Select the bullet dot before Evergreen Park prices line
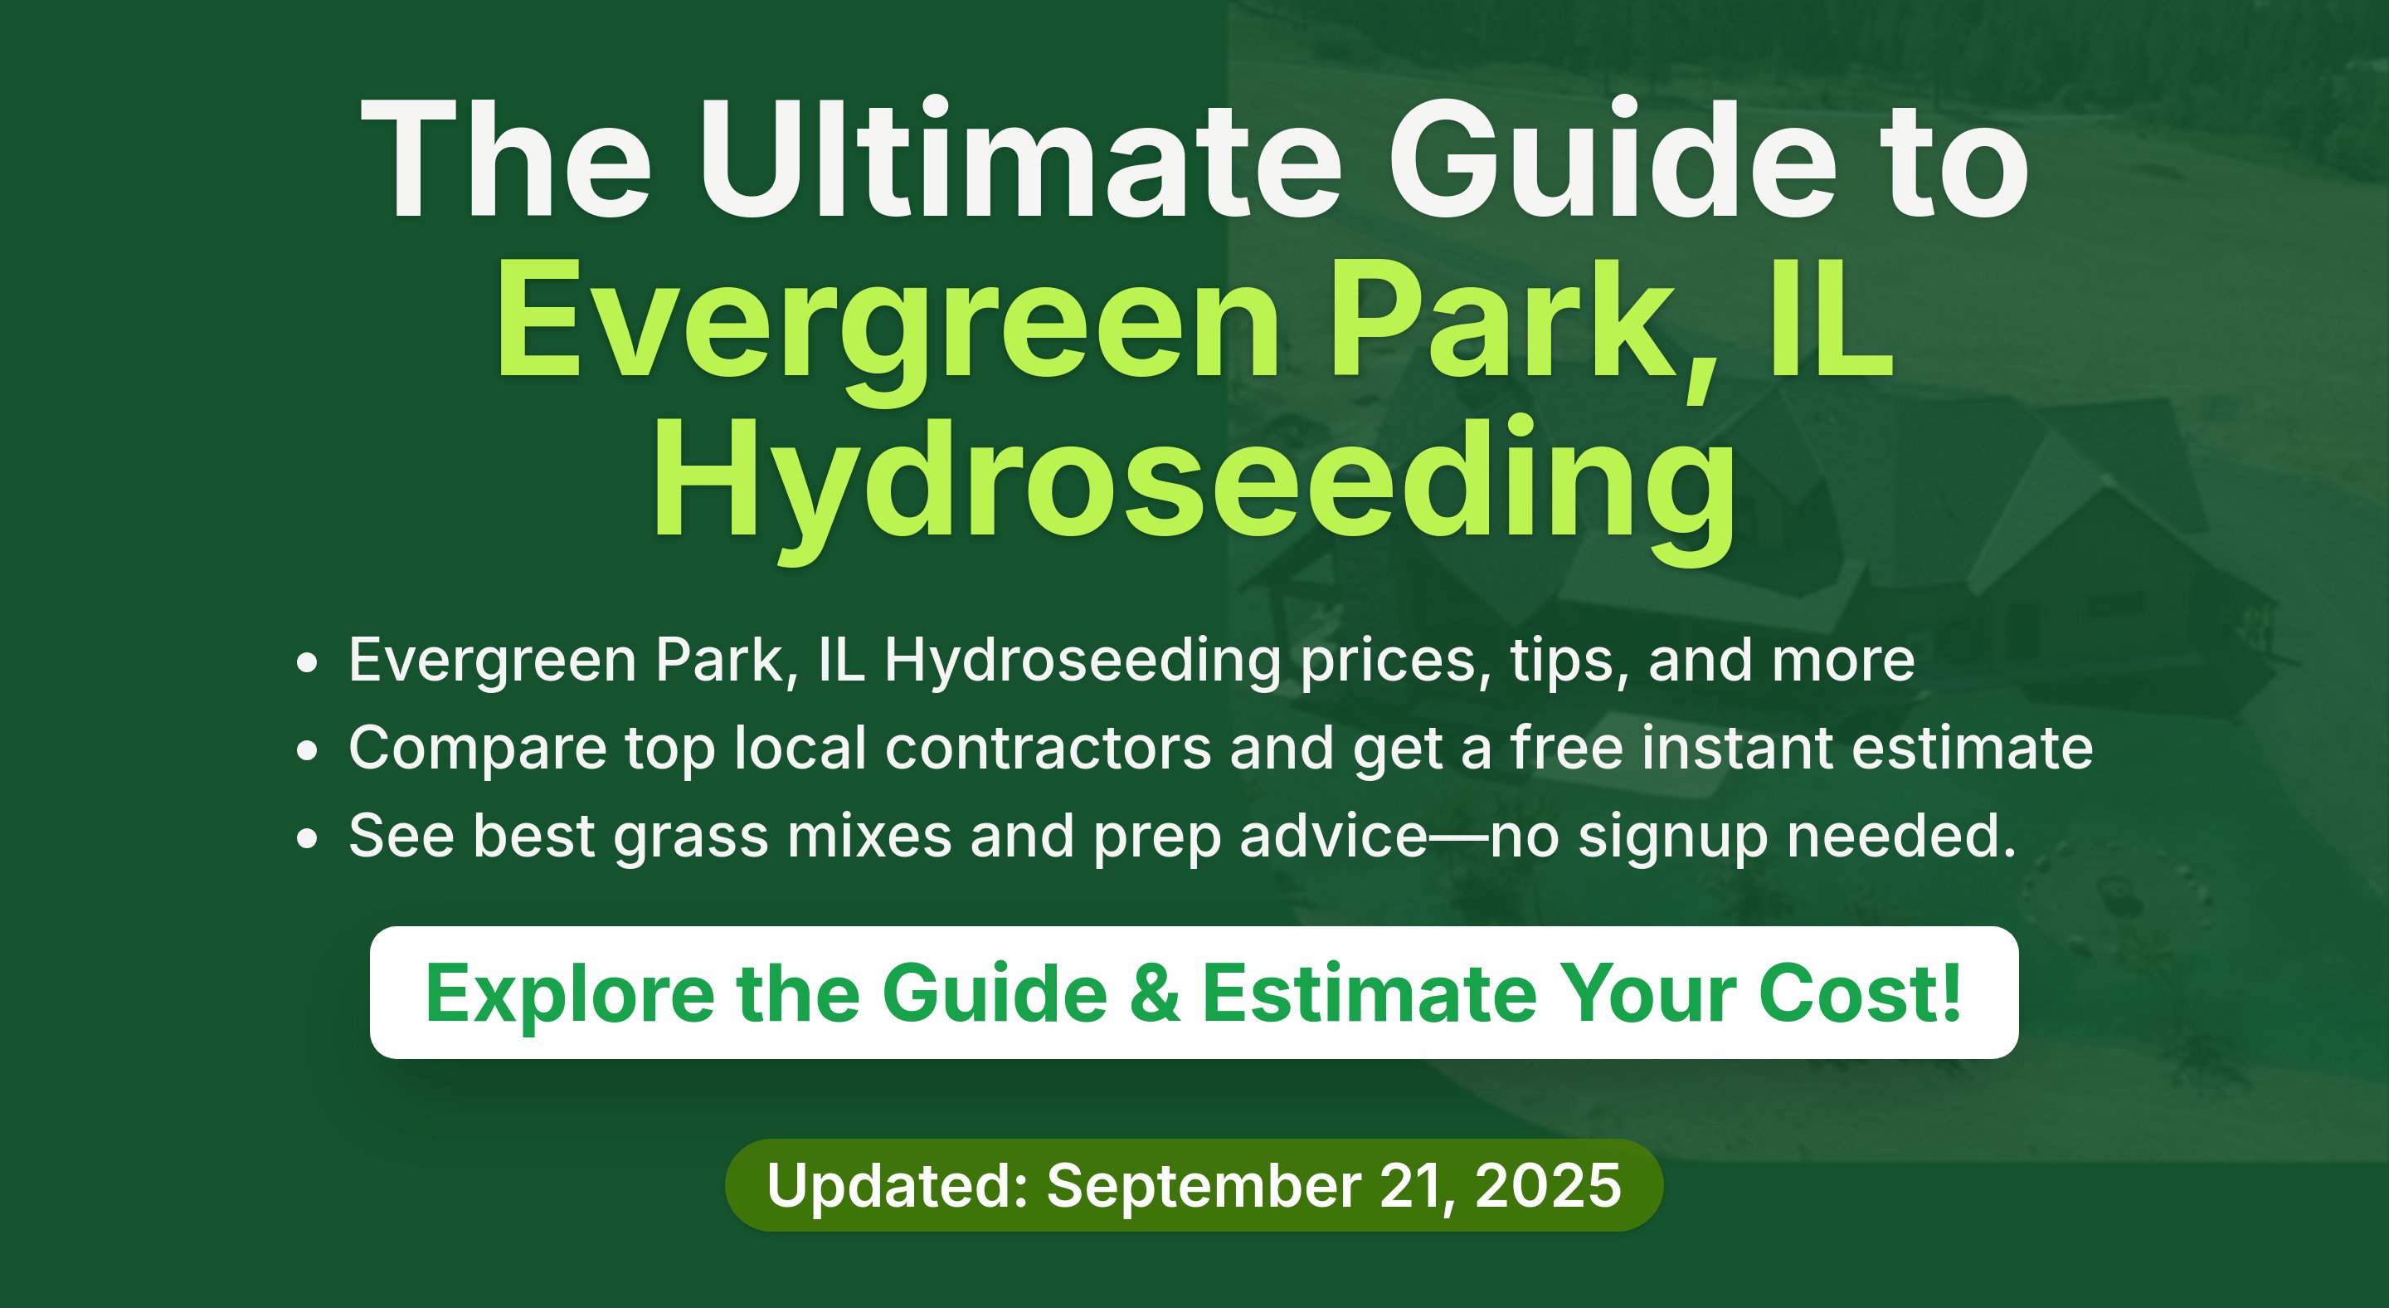[307, 662]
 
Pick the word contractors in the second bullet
[1048, 748]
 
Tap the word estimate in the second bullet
[1973, 748]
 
